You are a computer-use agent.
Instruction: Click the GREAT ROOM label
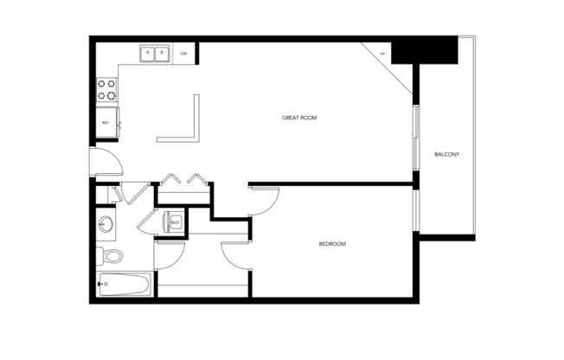(x=299, y=117)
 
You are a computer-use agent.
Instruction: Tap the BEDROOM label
(x=332, y=244)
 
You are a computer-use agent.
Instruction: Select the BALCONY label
(x=446, y=155)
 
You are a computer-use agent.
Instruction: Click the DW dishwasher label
(x=184, y=54)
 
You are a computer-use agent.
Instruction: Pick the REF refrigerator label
(x=106, y=123)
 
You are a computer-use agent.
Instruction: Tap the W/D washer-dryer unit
(x=174, y=222)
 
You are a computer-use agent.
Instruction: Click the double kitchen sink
(x=156, y=54)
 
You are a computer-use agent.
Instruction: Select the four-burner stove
(x=106, y=89)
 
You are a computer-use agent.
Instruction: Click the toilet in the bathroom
(x=110, y=255)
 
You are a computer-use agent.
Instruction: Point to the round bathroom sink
(x=106, y=223)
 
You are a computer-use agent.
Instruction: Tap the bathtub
(x=124, y=285)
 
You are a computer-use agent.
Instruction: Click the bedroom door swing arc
(x=265, y=202)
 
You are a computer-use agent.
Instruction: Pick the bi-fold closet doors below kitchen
(x=183, y=181)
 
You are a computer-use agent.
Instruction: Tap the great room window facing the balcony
(x=416, y=134)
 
